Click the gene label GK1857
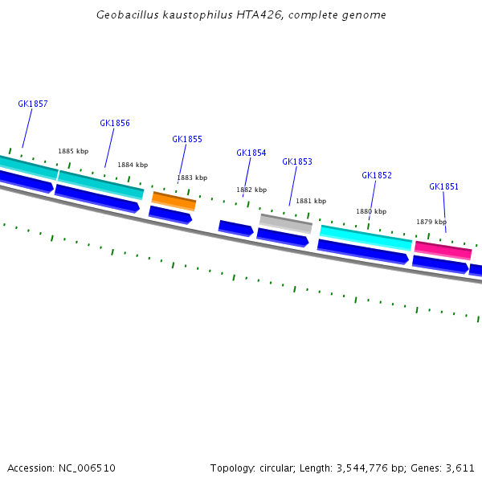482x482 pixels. click(x=33, y=104)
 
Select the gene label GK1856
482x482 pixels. click(x=115, y=123)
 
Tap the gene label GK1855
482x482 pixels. click(x=187, y=139)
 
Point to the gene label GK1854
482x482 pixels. click(x=251, y=153)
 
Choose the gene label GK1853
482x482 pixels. click(x=297, y=161)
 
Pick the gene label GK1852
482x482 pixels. click(x=377, y=175)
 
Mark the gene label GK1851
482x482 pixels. click(x=444, y=186)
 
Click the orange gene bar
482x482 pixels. click(x=174, y=201)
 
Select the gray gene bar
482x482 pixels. click(x=285, y=223)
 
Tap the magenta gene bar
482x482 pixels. click(x=443, y=251)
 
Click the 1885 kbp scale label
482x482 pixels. click(x=73, y=151)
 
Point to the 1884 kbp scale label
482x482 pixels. click(x=133, y=165)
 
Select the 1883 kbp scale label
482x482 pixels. click(x=192, y=178)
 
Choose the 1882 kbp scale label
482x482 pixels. click(x=251, y=190)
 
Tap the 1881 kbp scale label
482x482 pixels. click(x=311, y=201)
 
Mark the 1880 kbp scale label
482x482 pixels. click(x=371, y=211)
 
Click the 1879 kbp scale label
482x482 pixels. click(x=431, y=222)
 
